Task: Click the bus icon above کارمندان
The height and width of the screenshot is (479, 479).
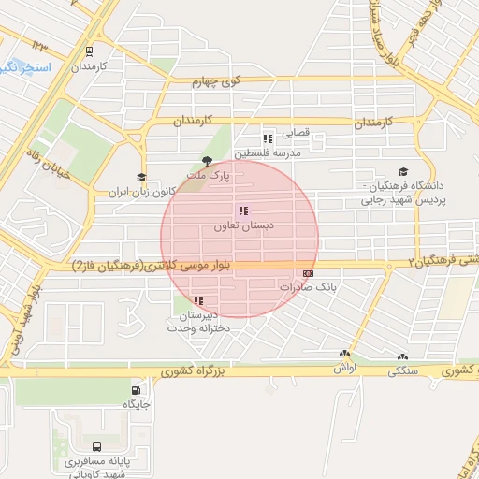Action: (x=89, y=52)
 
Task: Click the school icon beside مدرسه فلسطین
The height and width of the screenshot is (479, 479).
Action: (x=268, y=138)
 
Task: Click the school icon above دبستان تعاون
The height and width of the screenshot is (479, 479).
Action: (x=243, y=211)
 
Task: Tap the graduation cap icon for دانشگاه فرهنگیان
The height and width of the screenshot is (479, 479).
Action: (x=403, y=172)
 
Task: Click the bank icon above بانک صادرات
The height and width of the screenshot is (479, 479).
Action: (x=309, y=273)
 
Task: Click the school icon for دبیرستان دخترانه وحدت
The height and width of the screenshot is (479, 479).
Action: (x=198, y=300)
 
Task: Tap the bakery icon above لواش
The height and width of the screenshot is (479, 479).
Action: (x=345, y=356)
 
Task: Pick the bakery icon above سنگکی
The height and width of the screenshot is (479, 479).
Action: (x=403, y=356)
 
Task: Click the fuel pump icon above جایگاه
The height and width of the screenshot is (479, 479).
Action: (x=138, y=390)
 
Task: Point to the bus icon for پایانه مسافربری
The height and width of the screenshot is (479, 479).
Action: (x=98, y=446)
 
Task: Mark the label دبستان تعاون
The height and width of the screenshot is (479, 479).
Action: (x=241, y=227)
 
